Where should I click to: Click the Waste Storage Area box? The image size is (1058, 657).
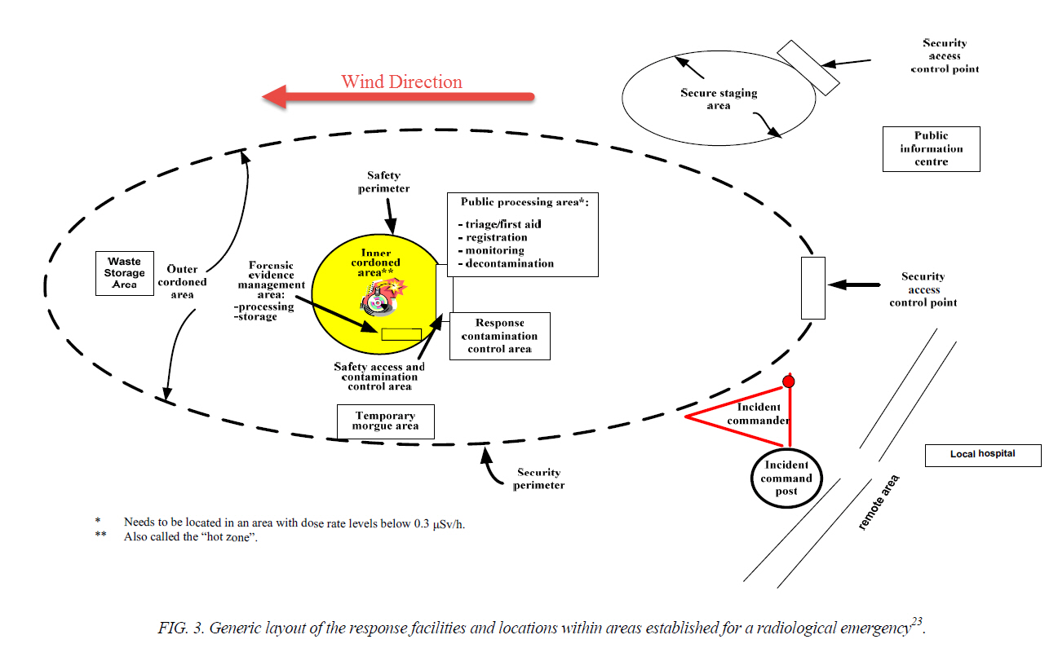(x=124, y=273)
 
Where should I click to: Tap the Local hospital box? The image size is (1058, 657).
(x=982, y=454)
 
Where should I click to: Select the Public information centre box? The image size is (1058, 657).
(x=931, y=149)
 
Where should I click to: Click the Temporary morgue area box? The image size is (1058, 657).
(x=385, y=421)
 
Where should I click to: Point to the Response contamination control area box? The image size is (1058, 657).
(x=499, y=336)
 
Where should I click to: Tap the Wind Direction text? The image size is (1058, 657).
(x=401, y=82)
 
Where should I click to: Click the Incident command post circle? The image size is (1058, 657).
(x=786, y=478)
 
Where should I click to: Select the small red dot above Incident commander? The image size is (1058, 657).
(x=788, y=381)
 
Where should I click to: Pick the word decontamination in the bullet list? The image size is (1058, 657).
(x=510, y=263)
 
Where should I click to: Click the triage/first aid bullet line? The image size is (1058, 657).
(x=503, y=224)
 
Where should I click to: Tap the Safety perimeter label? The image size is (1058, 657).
(x=383, y=182)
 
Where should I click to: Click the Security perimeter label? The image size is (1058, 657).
(x=538, y=478)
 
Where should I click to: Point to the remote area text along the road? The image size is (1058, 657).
(x=879, y=502)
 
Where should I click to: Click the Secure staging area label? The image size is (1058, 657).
(x=719, y=99)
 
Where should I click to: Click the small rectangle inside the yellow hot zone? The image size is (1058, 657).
(x=401, y=334)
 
